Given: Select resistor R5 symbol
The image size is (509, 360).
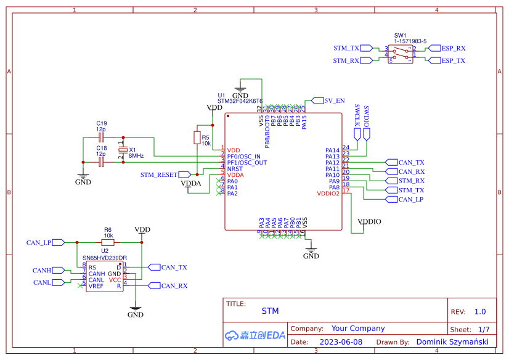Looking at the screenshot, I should click(197, 137).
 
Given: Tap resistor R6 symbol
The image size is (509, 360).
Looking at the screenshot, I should click(108, 242).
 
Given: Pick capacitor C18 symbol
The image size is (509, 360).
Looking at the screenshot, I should click(101, 163).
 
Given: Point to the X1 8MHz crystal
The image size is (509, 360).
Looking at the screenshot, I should click(123, 150).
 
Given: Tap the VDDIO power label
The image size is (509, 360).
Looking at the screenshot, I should click(369, 221).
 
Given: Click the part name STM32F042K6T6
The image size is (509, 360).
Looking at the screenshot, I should click(240, 101).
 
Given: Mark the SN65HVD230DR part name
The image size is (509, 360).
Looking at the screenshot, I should click(105, 258).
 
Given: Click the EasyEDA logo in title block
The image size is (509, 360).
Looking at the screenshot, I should click(254, 335).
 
